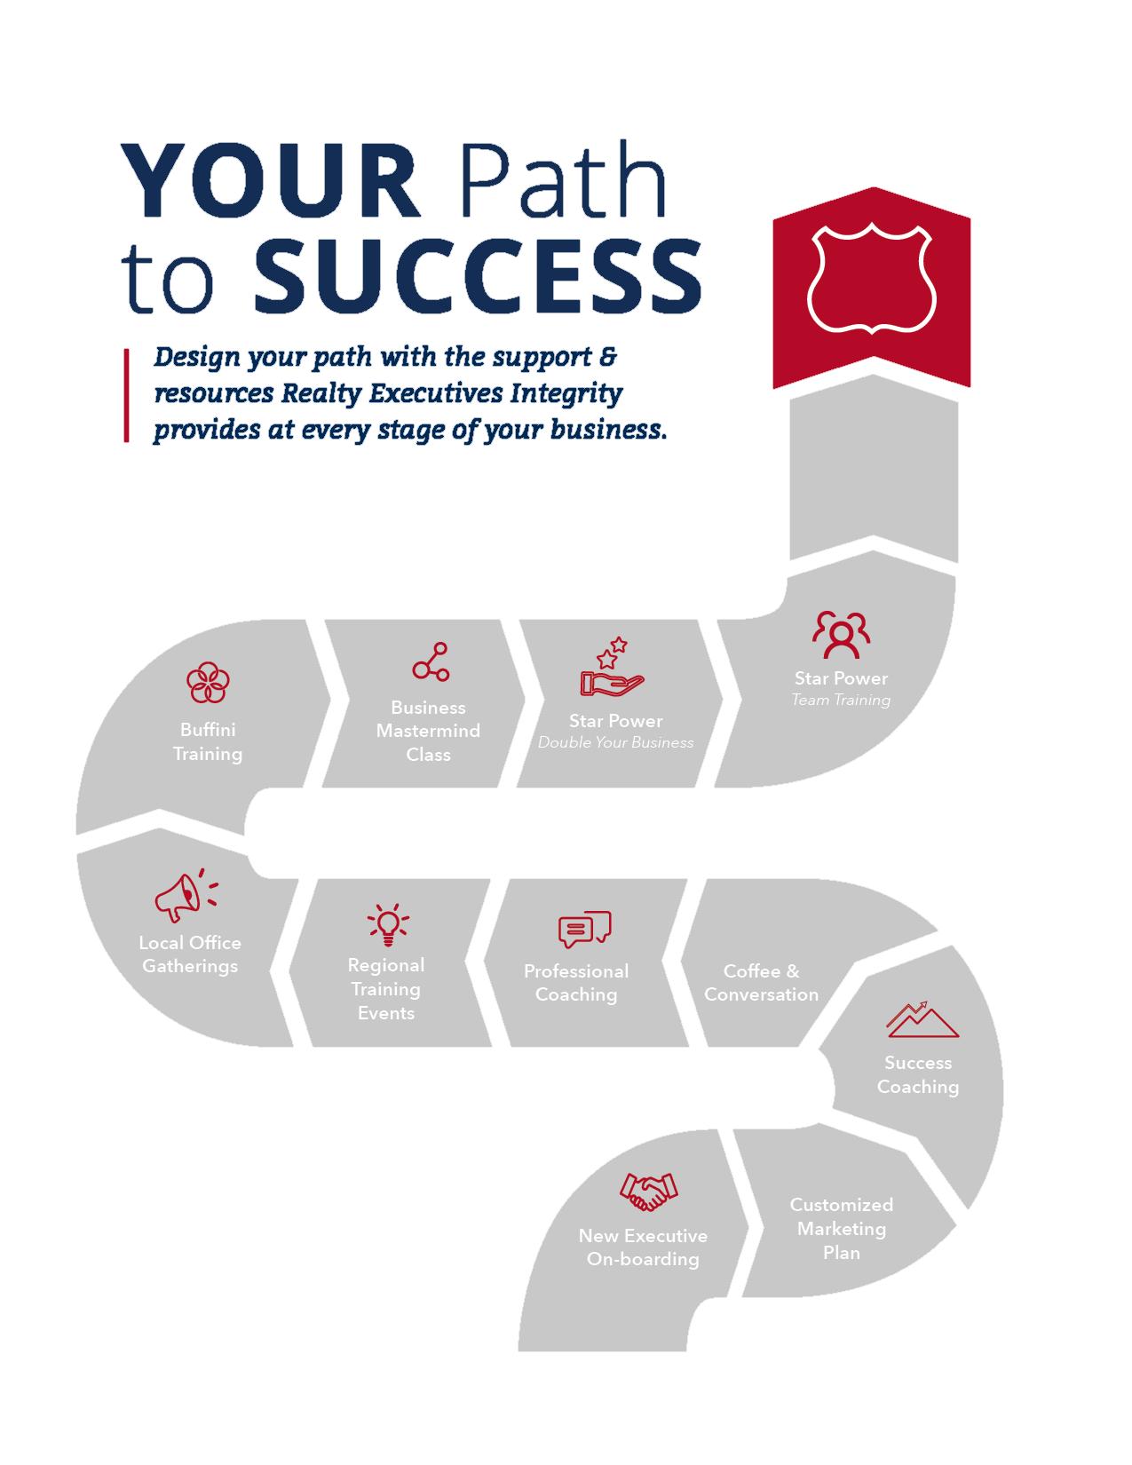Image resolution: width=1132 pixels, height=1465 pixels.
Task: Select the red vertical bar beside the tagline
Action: click(x=126, y=395)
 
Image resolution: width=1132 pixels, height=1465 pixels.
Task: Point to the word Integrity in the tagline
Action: click(x=566, y=393)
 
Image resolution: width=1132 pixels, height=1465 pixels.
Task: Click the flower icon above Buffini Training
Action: click(x=208, y=683)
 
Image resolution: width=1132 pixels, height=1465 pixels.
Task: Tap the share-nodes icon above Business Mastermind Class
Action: click(x=431, y=661)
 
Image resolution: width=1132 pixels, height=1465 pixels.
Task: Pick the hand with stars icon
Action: click(x=612, y=669)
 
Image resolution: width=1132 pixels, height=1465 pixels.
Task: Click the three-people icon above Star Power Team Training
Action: click(x=841, y=634)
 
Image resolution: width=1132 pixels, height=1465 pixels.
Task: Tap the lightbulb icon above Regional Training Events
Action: click(x=387, y=924)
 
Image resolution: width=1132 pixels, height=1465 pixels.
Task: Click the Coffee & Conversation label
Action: click(x=761, y=983)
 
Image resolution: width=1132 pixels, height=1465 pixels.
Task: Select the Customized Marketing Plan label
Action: click(x=841, y=1229)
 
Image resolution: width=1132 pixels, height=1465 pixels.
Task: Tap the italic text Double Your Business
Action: click(x=615, y=742)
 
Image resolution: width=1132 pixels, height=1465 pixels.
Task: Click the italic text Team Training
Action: click(x=841, y=700)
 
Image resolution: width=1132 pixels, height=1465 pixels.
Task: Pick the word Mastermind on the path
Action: click(x=428, y=731)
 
